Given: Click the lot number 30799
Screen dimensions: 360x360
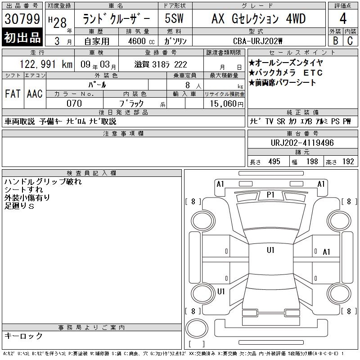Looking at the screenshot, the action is [22, 19].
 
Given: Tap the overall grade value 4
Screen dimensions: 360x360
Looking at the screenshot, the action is [343, 18].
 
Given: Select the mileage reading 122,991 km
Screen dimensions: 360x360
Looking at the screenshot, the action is [46, 64].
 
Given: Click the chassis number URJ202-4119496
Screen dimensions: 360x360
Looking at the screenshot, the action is [302, 143].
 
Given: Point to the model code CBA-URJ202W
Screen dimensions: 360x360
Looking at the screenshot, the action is [257, 41].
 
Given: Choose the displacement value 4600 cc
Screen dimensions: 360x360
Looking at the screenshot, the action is [141, 41].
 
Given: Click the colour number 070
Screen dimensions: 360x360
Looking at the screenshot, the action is [74, 103].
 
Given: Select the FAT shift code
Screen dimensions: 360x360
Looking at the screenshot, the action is [13, 94].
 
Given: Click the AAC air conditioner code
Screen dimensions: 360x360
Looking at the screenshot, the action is [35, 94].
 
